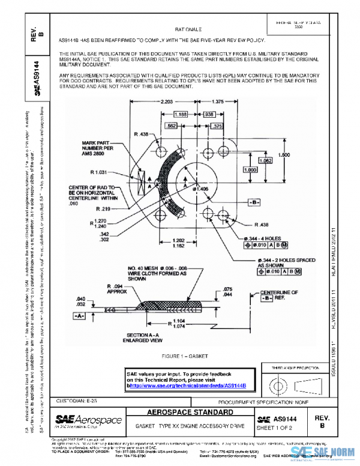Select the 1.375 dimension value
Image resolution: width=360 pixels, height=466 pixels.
(x=217, y=101)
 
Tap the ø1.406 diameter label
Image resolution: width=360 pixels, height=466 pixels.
(x=202, y=189)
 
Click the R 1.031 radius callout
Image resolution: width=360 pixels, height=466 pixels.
(x=100, y=172)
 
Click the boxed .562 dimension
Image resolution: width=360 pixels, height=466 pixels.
(x=170, y=126)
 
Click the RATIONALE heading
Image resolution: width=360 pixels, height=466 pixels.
(x=188, y=28)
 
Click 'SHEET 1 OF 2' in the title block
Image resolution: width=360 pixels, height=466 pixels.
(x=275, y=428)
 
